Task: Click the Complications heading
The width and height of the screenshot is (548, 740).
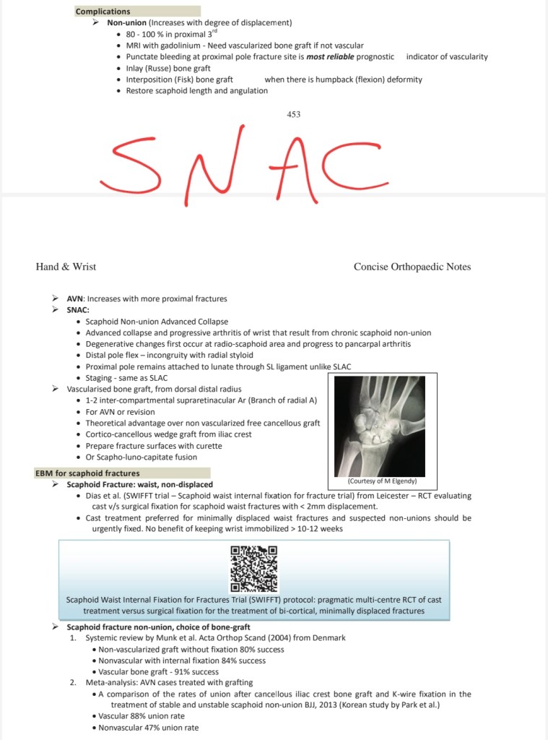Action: (x=103, y=12)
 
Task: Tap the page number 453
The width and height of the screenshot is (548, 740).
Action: (x=293, y=113)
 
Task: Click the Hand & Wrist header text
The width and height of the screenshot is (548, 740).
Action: (x=66, y=267)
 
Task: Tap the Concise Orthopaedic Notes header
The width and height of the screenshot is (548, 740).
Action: (x=412, y=267)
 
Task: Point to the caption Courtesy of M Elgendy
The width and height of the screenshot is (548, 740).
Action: (x=382, y=481)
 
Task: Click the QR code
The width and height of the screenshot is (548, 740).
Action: (x=253, y=568)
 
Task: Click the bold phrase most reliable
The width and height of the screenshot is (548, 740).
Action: (x=329, y=56)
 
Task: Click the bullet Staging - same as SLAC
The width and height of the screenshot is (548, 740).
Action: (x=128, y=378)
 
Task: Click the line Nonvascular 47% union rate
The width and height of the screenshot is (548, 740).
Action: (x=148, y=728)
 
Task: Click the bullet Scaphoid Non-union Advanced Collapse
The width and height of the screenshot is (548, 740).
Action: (x=157, y=321)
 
